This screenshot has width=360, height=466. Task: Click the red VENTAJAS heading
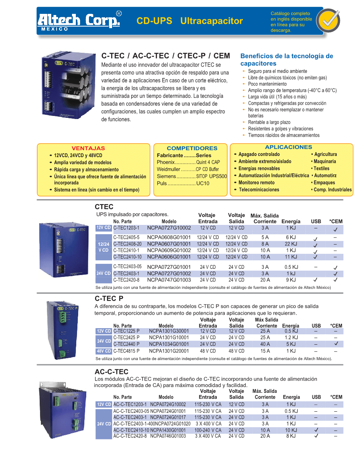(x=88, y=148)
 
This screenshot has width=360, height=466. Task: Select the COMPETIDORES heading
(x=192, y=148)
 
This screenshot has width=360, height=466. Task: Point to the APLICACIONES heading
(x=288, y=147)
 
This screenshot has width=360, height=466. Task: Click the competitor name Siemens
(x=166, y=176)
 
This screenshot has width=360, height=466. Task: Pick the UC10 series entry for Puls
(x=203, y=183)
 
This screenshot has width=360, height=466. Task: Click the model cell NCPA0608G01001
(x=169, y=238)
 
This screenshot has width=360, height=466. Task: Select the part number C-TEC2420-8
(x=126, y=280)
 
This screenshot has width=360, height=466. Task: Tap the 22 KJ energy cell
(x=291, y=244)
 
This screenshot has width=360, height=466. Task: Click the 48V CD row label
(x=104, y=351)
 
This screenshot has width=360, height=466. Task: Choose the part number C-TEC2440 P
(x=126, y=344)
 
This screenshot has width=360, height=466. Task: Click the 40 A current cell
(x=265, y=344)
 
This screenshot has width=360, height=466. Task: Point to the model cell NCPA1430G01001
(x=168, y=430)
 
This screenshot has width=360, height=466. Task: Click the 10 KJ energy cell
(x=291, y=430)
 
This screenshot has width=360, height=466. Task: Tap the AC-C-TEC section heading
(x=111, y=372)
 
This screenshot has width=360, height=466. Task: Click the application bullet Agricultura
(x=325, y=154)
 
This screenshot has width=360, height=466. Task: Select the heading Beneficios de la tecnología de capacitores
(x=286, y=60)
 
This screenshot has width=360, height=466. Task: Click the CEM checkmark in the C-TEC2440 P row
(x=336, y=344)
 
